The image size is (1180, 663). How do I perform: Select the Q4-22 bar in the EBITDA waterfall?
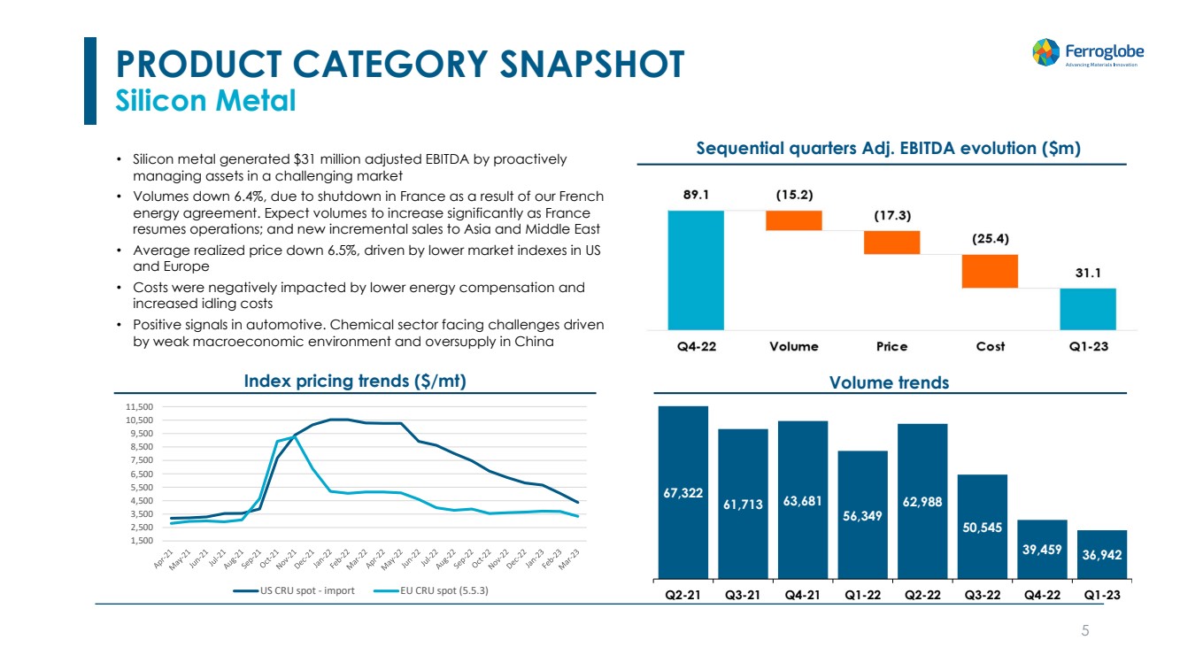click(696, 269)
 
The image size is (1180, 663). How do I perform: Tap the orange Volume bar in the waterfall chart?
click(794, 220)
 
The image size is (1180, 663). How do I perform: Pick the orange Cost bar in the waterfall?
click(991, 271)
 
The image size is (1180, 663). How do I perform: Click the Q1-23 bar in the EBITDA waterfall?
click(1088, 308)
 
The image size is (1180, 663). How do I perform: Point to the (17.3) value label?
click(892, 215)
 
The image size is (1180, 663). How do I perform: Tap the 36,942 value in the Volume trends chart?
click(1102, 555)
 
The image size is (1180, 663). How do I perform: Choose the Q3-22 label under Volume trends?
click(982, 595)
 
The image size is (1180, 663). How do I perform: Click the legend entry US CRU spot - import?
click(295, 590)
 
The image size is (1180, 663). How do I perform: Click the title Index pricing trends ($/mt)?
click(355, 381)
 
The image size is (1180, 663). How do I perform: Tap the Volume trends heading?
click(889, 382)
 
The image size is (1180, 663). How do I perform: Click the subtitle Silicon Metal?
click(206, 101)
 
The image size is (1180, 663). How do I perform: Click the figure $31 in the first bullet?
click(305, 159)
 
